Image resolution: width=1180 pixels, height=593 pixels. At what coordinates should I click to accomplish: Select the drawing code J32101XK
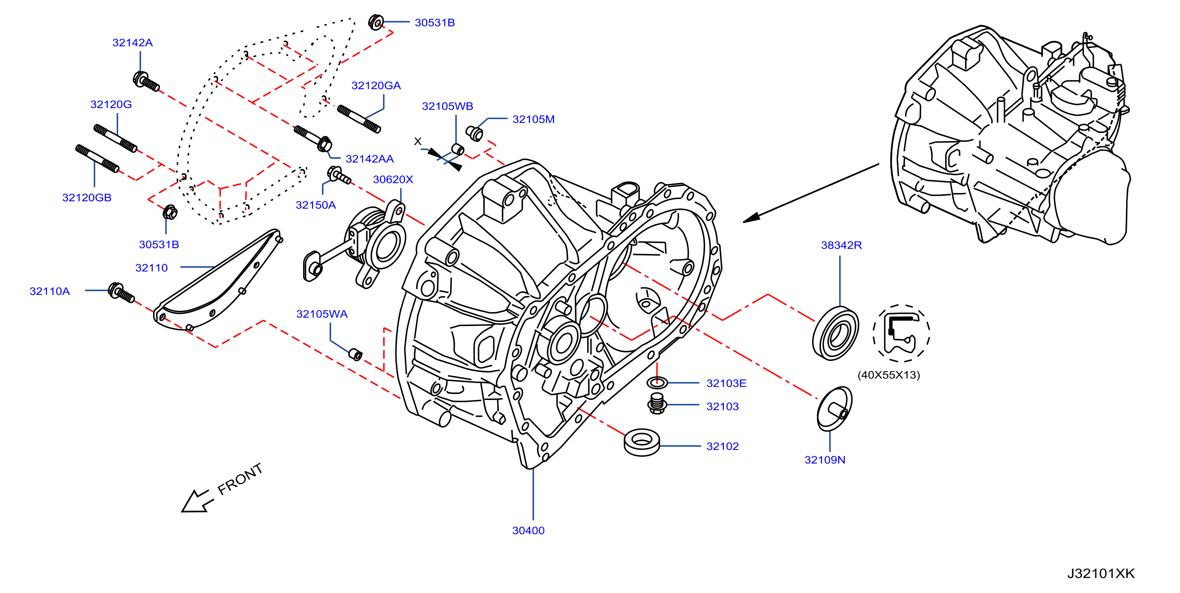(1101, 573)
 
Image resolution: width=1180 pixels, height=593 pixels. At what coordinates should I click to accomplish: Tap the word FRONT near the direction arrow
(240, 479)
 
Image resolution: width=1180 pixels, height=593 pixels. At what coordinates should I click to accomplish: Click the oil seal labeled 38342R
(835, 333)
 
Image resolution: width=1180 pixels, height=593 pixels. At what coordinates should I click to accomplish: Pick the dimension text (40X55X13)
(889, 375)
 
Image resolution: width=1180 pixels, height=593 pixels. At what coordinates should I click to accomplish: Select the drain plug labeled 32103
(657, 403)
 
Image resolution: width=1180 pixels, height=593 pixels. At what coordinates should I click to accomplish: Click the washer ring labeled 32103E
(658, 382)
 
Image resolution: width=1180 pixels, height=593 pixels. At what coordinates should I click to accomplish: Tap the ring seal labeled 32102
(642, 442)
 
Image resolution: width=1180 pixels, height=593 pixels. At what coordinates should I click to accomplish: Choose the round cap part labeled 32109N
(834, 409)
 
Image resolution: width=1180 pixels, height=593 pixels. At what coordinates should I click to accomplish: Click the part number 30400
(528, 530)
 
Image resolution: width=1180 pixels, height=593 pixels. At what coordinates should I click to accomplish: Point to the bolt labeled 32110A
(121, 293)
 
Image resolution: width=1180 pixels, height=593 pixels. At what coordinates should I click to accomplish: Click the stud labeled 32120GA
(359, 119)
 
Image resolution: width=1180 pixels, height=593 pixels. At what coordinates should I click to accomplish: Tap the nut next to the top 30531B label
(375, 22)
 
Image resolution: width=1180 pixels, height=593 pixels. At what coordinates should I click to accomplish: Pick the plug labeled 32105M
(474, 133)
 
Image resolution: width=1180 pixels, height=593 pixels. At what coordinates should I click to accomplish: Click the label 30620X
(393, 179)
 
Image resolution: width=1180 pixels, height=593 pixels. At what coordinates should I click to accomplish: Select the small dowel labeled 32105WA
(356, 354)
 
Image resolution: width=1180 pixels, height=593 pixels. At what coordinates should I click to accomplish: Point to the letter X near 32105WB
(417, 141)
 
